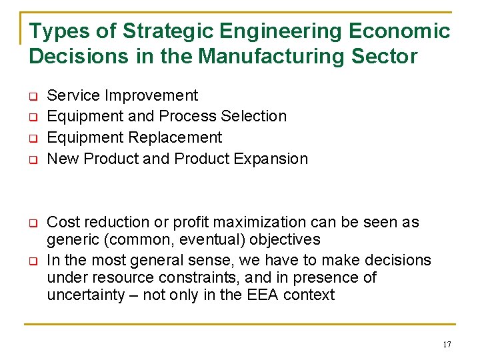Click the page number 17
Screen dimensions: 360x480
tap(446, 345)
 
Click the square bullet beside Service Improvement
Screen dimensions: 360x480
tap(32, 96)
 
